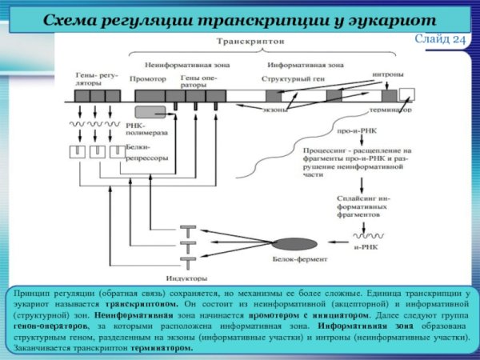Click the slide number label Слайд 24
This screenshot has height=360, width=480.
445,39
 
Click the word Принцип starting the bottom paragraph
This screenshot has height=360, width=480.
32,294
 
